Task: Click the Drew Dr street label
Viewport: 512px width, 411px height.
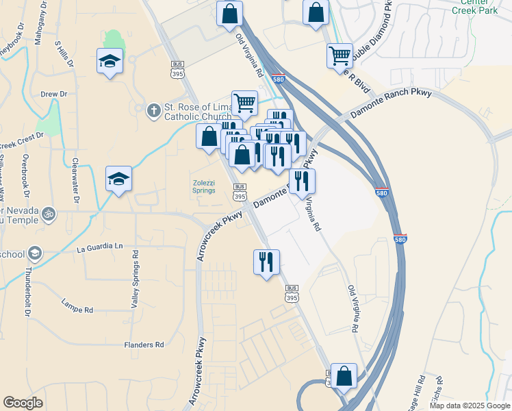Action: coord(54,94)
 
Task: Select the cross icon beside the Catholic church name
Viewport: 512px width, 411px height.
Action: coord(154,109)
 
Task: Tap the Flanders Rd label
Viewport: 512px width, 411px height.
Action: coord(144,345)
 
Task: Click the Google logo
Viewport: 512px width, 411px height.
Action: coord(23,402)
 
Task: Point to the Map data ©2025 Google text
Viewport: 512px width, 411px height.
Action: coord(470,406)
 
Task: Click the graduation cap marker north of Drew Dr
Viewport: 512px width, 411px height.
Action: coord(110,62)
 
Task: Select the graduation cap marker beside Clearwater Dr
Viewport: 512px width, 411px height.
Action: coord(119,179)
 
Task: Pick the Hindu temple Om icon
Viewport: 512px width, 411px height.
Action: coord(48,214)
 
